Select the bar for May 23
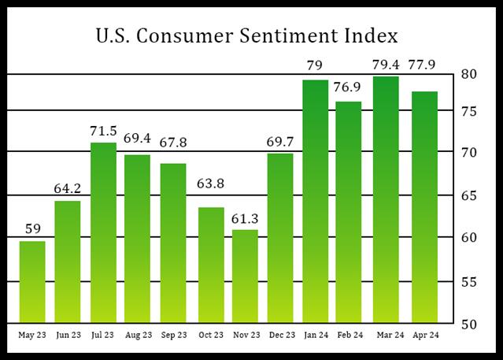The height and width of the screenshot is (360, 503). [x=32, y=281]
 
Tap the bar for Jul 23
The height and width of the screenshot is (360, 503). [x=103, y=232]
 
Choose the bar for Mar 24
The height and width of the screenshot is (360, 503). [x=388, y=199]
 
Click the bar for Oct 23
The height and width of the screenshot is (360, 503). [x=210, y=265]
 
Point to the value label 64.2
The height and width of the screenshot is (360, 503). [x=68, y=190]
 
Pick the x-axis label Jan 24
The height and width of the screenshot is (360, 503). [x=316, y=336]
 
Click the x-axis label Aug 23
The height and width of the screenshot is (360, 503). [x=139, y=336]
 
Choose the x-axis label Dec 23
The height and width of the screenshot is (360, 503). [x=281, y=336]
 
